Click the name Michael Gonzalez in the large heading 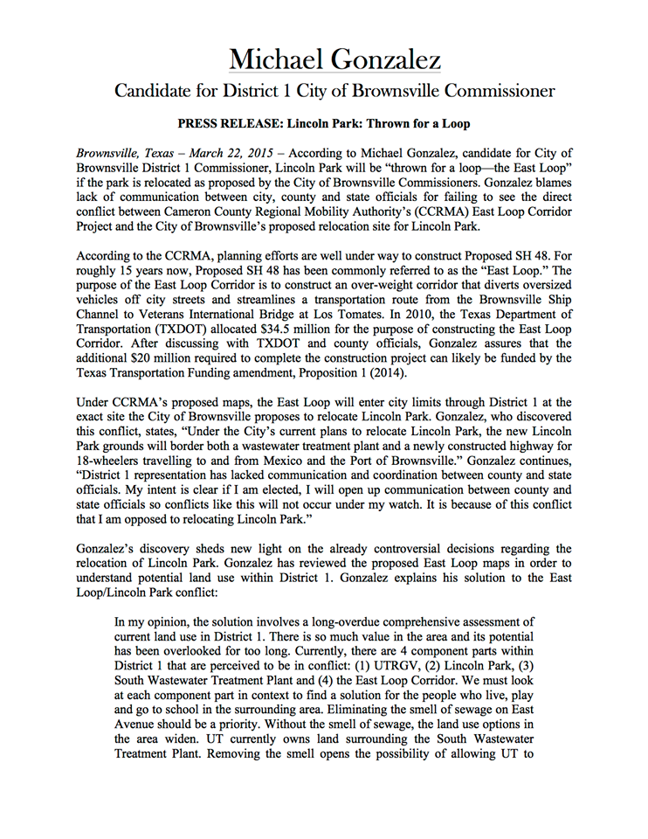(x=334, y=59)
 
